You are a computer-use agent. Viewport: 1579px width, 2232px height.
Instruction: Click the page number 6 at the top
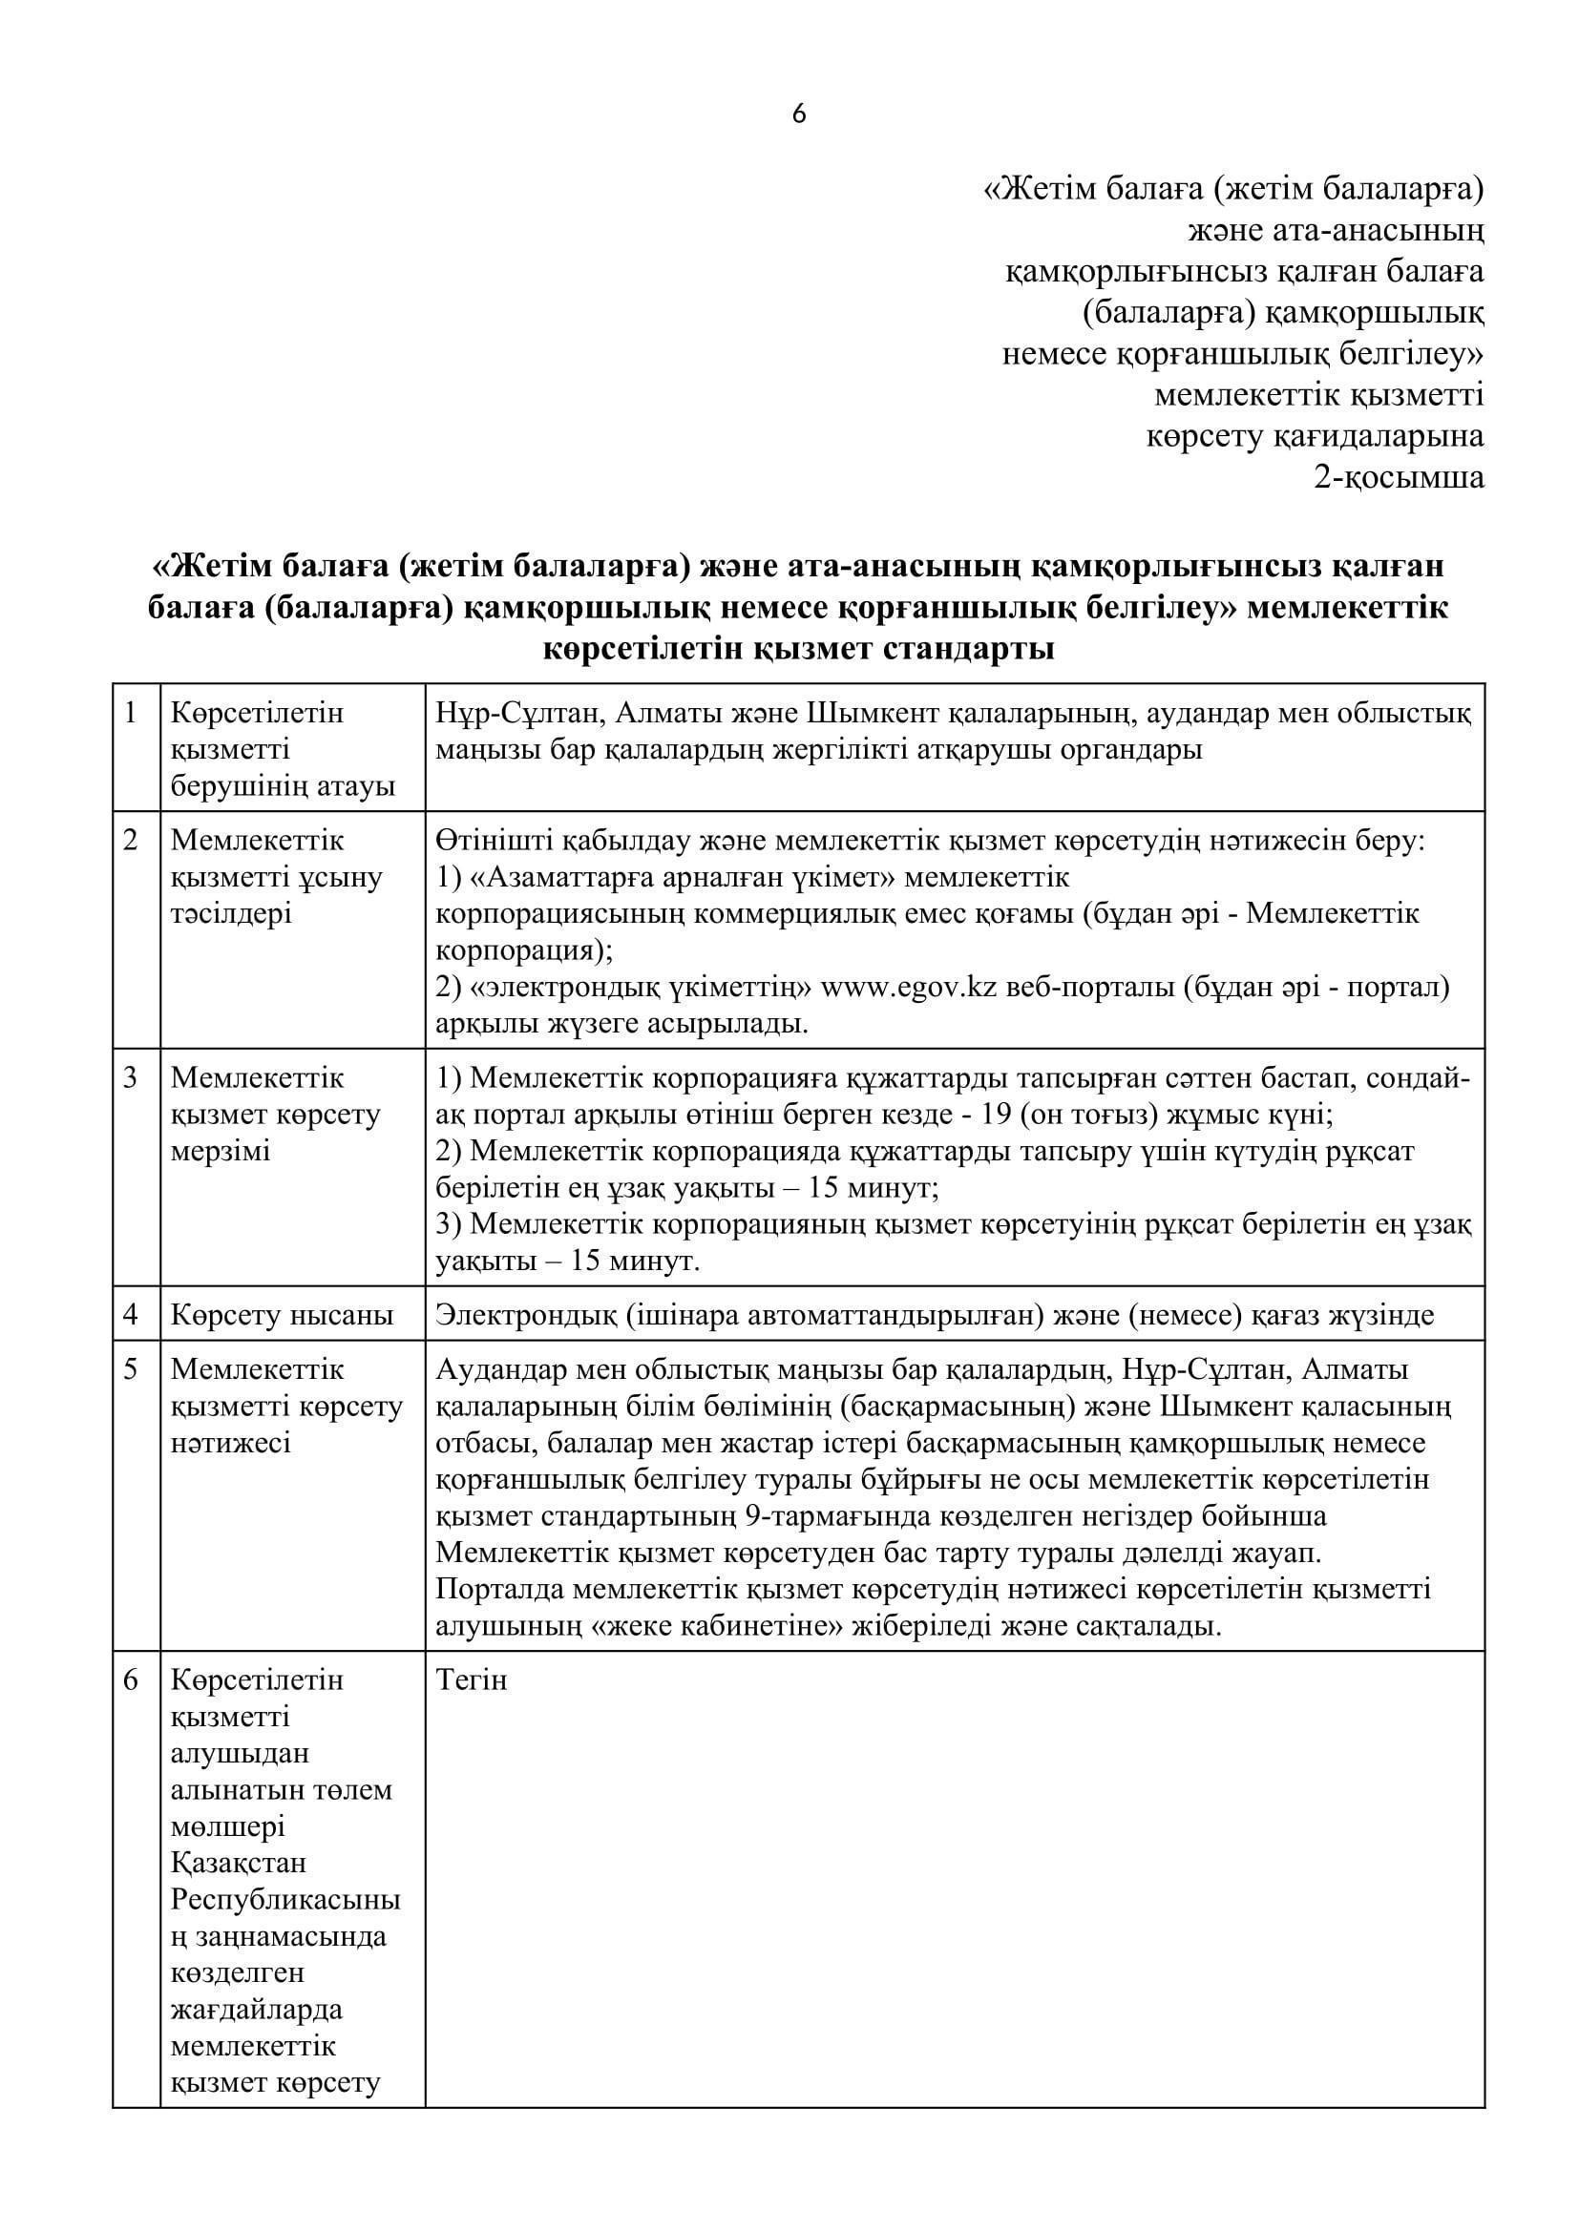(798, 115)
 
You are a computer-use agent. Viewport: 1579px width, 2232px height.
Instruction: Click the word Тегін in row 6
(473, 1679)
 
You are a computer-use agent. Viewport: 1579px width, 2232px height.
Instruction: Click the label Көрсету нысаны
(282, 1315)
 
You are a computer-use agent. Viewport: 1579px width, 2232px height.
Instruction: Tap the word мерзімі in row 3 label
(221, 1151)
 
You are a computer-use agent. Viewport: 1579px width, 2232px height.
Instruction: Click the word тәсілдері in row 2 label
(231, 914)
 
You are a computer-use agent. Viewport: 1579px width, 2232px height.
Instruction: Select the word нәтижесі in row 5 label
(231, 1443)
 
